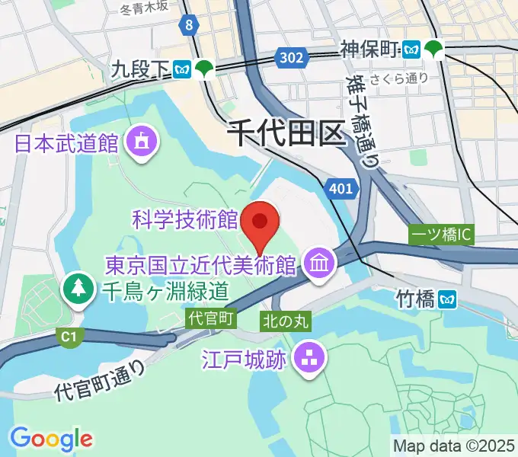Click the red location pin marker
pyautogui.click(x=260, y=222)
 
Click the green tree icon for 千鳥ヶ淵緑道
pyautogui.click(x=79, y=289)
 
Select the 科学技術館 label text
pyautogui.click(x=185, y=221)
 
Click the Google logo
pyautogui.click(x=51, y=438)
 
